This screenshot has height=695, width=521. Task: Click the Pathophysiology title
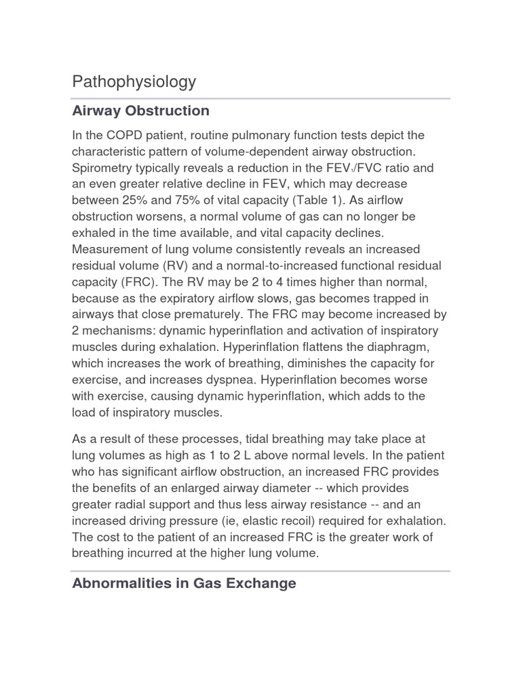[x=134, y=82]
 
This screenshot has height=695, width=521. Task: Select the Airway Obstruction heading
[x=140, y=111]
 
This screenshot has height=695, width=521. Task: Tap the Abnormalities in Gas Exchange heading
[x=184, y=583]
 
